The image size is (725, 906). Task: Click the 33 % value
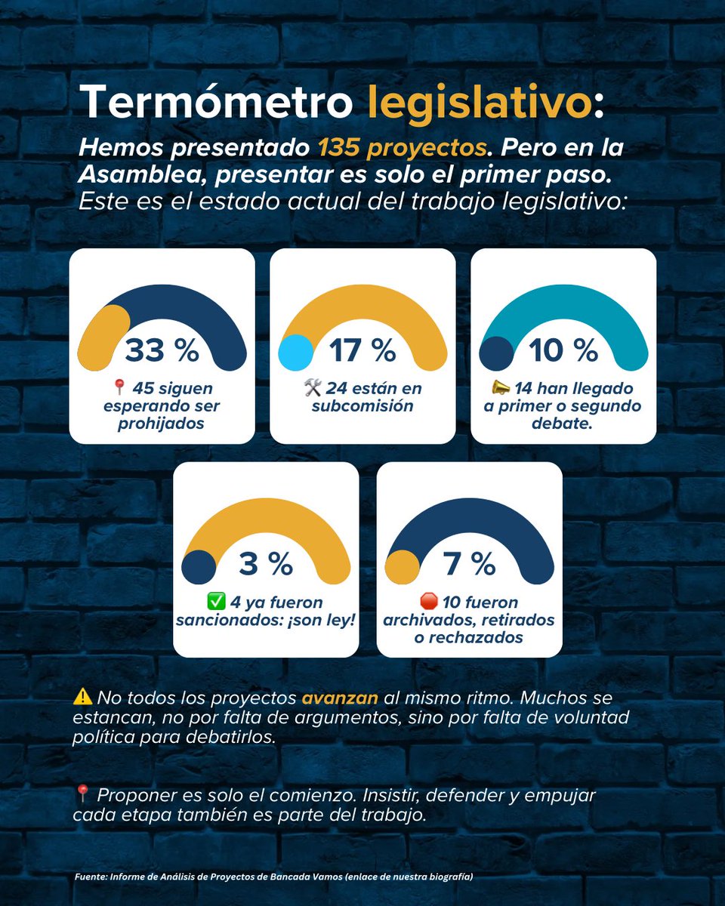[162, 350]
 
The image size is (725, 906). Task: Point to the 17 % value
[362, 350]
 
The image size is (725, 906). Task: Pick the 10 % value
[563, 350]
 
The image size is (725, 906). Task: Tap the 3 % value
[266, 563]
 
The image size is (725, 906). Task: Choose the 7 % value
[469, 563]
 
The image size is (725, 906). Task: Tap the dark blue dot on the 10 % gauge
[497, 353]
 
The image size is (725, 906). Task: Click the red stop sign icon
[428, 602]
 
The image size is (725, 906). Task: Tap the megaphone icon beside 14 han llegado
[501, 388]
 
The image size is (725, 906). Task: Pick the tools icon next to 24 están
[313, 388]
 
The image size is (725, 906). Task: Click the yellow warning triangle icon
[83, 698]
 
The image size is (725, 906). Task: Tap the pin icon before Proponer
[83, 794]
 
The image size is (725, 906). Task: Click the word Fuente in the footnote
[90, 877]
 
